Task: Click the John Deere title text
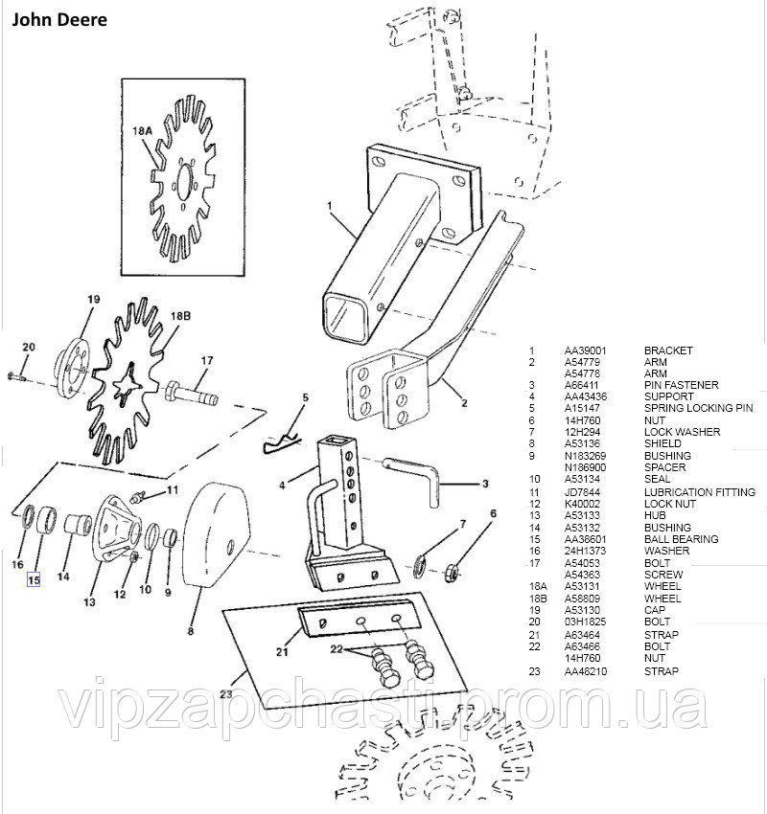click(59, 18)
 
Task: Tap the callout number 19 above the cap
click(94, 300)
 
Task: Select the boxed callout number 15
click(35, 578)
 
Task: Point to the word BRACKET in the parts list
click(668, 351)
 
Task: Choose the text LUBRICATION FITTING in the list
click(699, 492)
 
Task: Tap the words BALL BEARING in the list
click(680, 539)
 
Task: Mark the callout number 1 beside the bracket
click(328, 205)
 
